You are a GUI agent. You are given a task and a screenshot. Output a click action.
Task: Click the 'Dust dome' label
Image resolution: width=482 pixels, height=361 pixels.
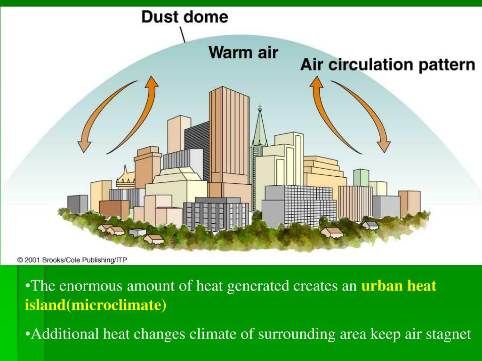coord(185,17)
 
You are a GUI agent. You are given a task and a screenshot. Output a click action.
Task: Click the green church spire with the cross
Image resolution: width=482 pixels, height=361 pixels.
coord(259,127)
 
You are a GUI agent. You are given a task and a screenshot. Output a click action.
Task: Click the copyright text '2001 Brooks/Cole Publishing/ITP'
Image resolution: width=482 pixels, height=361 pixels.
coord(72,259)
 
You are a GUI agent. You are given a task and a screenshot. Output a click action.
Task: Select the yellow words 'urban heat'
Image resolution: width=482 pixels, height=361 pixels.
coord(399,286)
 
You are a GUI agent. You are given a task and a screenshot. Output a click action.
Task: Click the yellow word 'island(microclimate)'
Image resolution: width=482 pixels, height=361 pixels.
coord(96,306)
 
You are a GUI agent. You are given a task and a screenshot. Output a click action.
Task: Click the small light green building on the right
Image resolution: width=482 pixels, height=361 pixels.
coord(361,177)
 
